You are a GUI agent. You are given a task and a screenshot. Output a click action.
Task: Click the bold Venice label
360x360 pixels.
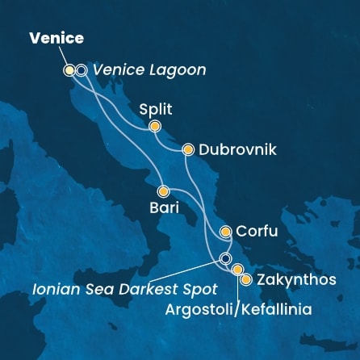point(57,39)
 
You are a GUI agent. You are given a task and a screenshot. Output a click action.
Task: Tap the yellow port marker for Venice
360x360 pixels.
point(69,70)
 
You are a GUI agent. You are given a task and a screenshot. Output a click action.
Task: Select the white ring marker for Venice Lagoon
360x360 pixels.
point(82,70)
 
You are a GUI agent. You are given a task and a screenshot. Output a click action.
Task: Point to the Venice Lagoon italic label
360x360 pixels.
point(149,70)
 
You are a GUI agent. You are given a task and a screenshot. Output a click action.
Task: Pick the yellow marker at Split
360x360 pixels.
point(154,126)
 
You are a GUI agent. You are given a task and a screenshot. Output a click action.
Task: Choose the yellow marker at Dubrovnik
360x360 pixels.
point(188,149)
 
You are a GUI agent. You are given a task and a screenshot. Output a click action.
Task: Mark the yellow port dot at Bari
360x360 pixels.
point(163,192)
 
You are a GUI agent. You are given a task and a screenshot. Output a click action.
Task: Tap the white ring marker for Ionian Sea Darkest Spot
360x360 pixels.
point(226,258)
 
